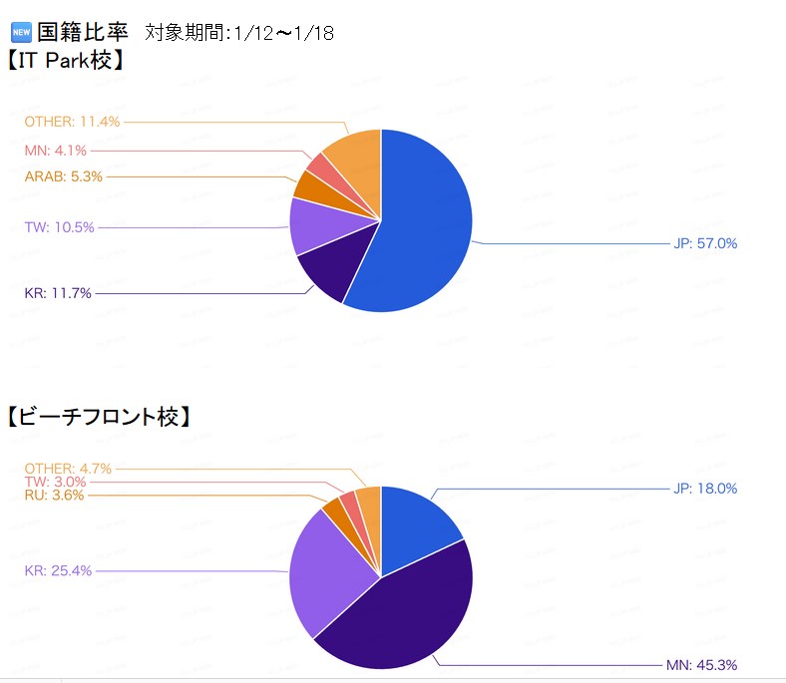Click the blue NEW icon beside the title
click(x=20, y=32)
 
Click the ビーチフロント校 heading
click(x=98, y=417)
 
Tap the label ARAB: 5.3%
click(x=63, y=176)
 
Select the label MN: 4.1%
click(x=55, y=151)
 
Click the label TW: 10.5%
click(x=59, y=227)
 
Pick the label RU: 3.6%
click(x=54, y=495)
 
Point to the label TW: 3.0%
click(x=54, y=482)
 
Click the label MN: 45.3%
click(x=701, y=665)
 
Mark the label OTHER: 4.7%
click(x=68, y=468)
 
